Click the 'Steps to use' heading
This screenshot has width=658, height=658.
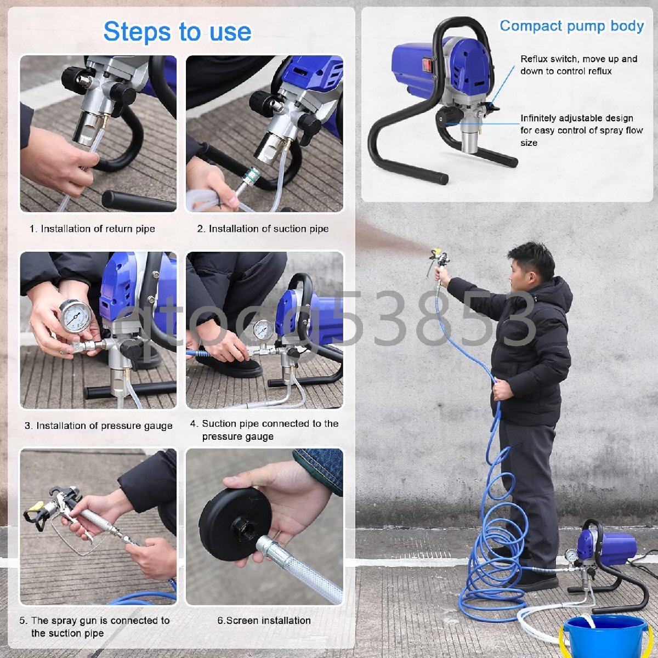click(177, 32)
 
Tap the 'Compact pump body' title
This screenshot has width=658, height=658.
click(571, 26)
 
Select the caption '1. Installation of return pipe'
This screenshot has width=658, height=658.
click(92, 229)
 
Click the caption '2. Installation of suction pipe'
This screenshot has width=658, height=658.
click(263, 229)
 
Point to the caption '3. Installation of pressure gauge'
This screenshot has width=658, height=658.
click(98, 426)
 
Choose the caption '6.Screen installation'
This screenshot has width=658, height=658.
click(264, 620)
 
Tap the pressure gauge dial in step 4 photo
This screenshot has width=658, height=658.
click(263, 330)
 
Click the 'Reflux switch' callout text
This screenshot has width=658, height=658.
click(579, 65)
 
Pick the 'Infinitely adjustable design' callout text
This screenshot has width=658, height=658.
click(582, 130)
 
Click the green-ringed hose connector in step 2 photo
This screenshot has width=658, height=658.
click(252, 171)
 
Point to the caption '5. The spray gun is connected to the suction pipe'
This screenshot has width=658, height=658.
click(94, 627)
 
